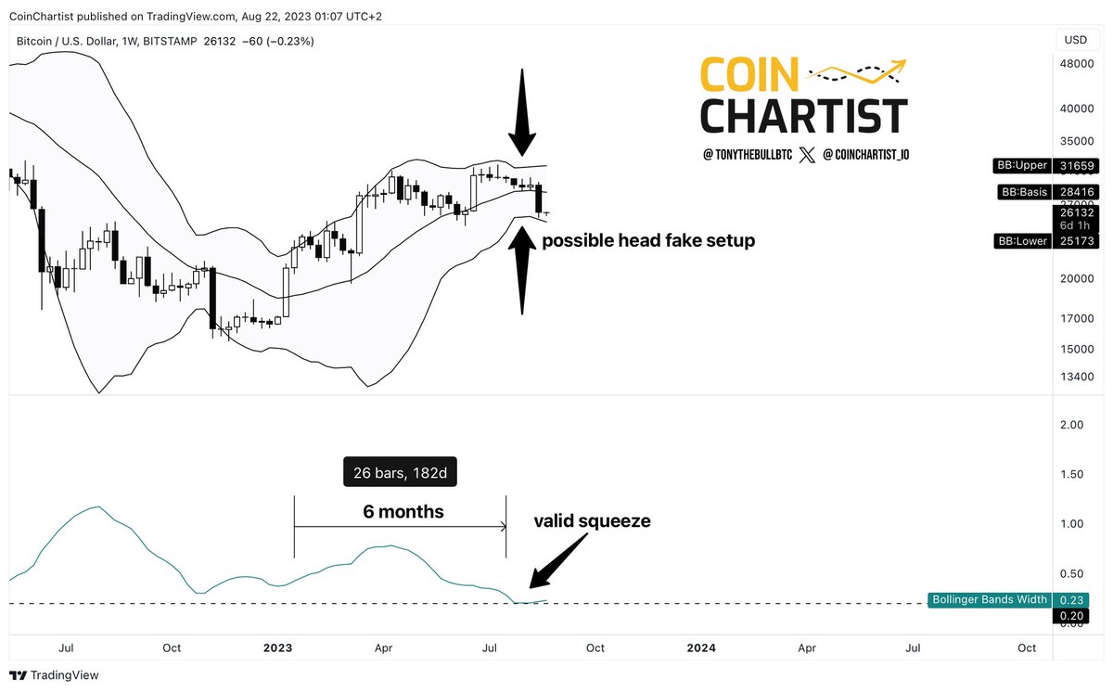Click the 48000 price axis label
[1076, 63]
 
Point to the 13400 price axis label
[1076, 377]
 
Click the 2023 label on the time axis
[277, 647]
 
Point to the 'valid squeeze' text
[592, 521]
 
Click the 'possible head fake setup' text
[648, 240]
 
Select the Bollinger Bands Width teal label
[990, 599]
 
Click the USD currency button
[1076, 40]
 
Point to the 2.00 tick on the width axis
[1071, 425]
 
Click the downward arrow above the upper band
[521, 112]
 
